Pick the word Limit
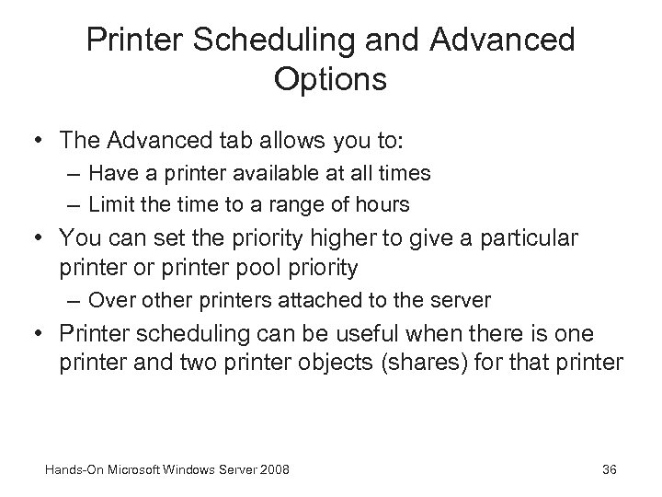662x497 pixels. click(x=115, y=202)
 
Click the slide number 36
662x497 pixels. click(x=608, y=470)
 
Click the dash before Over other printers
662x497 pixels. click(x=74, y=301)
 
